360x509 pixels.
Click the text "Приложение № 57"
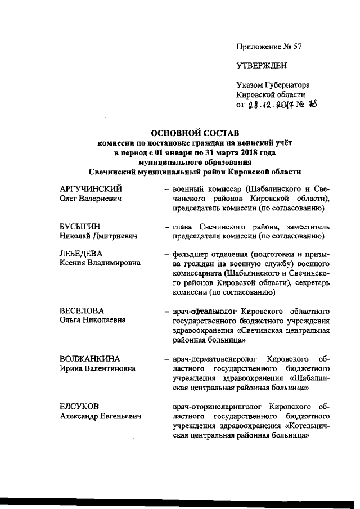point(269,47)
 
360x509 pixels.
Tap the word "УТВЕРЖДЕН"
point(262,66)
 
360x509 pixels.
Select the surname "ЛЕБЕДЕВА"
point(82,254)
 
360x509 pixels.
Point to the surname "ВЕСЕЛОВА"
point(82,310)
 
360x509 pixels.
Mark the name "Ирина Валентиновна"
point(98,368)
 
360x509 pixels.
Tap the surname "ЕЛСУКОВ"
point(80,406)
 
